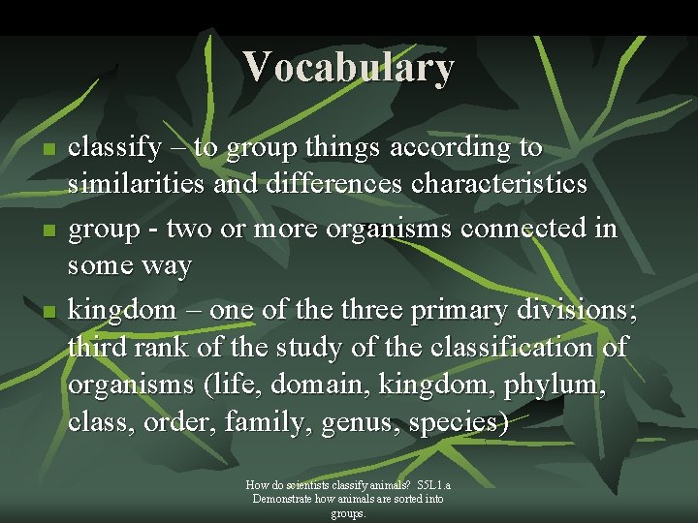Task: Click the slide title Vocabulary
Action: pos(348,67)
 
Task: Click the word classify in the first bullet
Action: pos(115,149)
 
